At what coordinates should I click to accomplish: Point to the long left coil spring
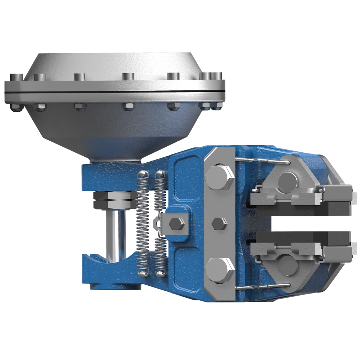click(143, 221)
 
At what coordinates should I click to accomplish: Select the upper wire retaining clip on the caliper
click(262, 161)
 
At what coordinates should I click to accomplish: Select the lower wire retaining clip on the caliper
click(262, 287)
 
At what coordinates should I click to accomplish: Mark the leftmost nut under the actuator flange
click(16, 108)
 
